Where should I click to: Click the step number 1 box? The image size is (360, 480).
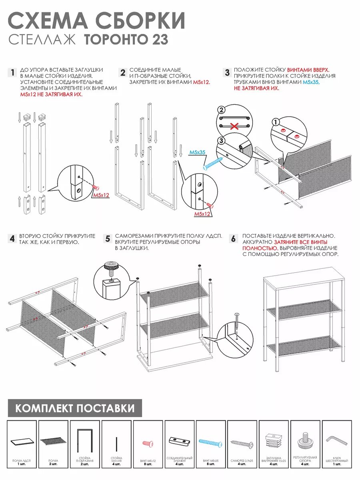pos(12,73)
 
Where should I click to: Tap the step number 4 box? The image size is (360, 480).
pos(12,239)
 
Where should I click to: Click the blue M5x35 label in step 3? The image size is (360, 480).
pos(197,152)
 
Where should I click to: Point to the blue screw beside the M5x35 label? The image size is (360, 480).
pos(213,163)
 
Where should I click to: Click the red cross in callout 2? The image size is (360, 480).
pos(234,126)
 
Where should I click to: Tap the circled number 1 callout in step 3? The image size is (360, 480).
pos(275,122)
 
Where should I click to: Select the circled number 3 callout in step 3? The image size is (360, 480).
pos(221,140)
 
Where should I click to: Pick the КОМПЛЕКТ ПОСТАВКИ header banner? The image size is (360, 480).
pos(75,408)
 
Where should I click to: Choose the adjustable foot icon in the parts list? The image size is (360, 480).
pos(305,441)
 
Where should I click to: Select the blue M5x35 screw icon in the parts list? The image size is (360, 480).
pos(211,442)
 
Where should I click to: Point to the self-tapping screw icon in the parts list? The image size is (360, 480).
pos(242,444)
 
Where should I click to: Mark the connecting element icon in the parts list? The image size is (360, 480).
pos(179,441)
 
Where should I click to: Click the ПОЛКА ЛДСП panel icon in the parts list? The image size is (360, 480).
pos(22,442)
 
